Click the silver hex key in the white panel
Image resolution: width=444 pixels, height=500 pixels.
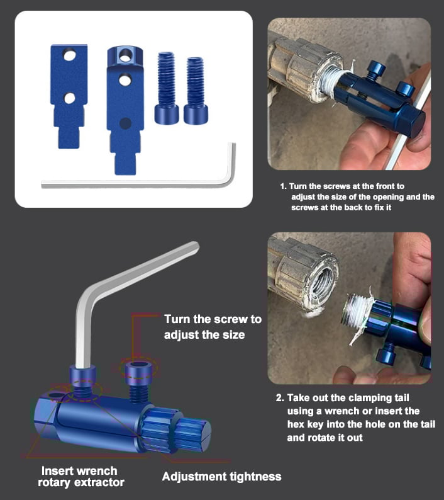point(138,182)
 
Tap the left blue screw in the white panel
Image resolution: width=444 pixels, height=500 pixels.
point(167,88)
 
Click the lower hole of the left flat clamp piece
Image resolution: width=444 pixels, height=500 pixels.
point(70,98)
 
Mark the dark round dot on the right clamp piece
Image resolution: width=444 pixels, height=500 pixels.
point(125,122)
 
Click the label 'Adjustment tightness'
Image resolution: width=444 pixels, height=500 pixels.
point(221,476)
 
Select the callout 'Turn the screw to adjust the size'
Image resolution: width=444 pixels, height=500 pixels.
point(213,326)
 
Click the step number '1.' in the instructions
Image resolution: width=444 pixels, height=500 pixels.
point(284,187)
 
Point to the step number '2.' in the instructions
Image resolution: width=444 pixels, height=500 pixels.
point(280,399)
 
